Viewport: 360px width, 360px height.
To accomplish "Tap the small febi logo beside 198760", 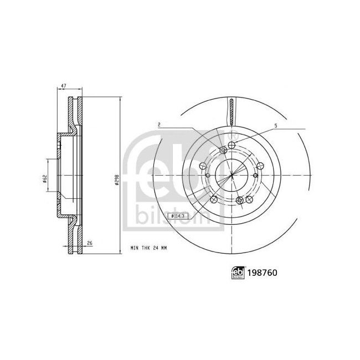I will point(238,272).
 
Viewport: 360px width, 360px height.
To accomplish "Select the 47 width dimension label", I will point(64,86).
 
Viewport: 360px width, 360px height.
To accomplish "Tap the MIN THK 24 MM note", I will point(148,249).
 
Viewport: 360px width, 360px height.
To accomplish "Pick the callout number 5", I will point(275,126).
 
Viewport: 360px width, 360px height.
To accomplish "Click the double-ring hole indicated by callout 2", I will point(223,151).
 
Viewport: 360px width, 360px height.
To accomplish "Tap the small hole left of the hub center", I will point(207,176).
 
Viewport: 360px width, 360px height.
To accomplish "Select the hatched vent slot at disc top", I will point(231,110).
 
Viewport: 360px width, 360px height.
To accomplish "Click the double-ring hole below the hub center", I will point(239,199).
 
